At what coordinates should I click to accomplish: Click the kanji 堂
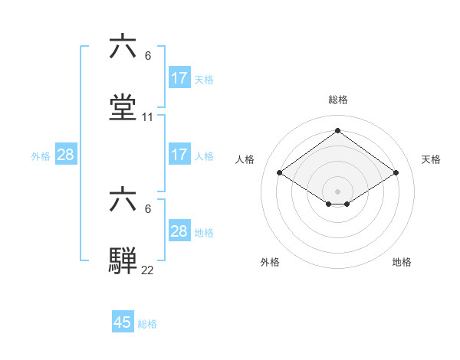coord(123,107)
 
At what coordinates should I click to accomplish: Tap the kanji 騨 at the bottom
coord(123,259)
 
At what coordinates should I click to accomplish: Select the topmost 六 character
coord(123,47)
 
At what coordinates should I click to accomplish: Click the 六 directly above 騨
coord(123,199)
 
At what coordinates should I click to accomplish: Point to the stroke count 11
coord(148,117)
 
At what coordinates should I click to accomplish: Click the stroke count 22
coord(148,270)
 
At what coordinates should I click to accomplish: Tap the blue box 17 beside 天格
coord(179,78)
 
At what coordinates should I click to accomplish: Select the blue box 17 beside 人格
coord(179,155)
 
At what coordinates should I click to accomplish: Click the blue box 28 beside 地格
coord(179,231)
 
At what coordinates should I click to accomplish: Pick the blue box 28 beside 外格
coord(66,155)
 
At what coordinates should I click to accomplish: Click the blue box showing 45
coord(123,322)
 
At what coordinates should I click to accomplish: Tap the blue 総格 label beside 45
coord(147,324)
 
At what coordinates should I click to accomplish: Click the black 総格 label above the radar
coord(338,100)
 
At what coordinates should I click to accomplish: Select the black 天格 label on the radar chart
coord(432,159)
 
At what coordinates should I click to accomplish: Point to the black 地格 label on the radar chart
coord(402,262)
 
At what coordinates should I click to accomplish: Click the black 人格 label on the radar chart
coord(245,159)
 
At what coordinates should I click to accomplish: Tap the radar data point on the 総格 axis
coord(338,131)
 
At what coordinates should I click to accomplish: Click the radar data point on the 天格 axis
coord(396,173)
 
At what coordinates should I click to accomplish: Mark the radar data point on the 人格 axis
coord(280,173)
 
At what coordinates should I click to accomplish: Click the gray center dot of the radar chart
coord(338,191)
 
